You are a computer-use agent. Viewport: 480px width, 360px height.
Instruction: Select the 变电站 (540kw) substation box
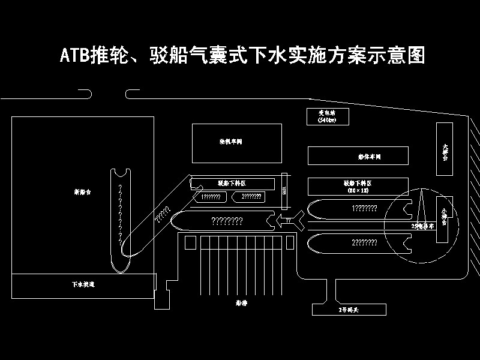[327, 116]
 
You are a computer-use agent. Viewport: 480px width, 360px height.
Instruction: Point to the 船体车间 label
[369, 157]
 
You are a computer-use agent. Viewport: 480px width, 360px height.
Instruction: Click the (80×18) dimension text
[358, 190]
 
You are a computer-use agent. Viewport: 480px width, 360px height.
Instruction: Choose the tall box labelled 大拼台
[445, 149]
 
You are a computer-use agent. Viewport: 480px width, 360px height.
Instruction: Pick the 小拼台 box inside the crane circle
[444, 219]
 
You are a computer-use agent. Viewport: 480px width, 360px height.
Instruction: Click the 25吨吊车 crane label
[422, 226]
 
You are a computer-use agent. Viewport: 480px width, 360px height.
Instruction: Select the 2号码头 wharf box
[348, 310]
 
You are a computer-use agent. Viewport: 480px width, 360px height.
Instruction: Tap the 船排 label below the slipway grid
[242, 303]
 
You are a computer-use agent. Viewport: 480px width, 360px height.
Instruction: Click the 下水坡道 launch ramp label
[83, 284]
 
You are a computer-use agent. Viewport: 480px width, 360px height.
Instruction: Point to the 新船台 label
[82, 192]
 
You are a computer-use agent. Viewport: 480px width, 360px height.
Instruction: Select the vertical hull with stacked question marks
[121, 216]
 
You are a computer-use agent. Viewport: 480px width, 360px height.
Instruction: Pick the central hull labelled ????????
[227, 221]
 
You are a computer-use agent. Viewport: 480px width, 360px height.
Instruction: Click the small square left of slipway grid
[190, 242]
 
